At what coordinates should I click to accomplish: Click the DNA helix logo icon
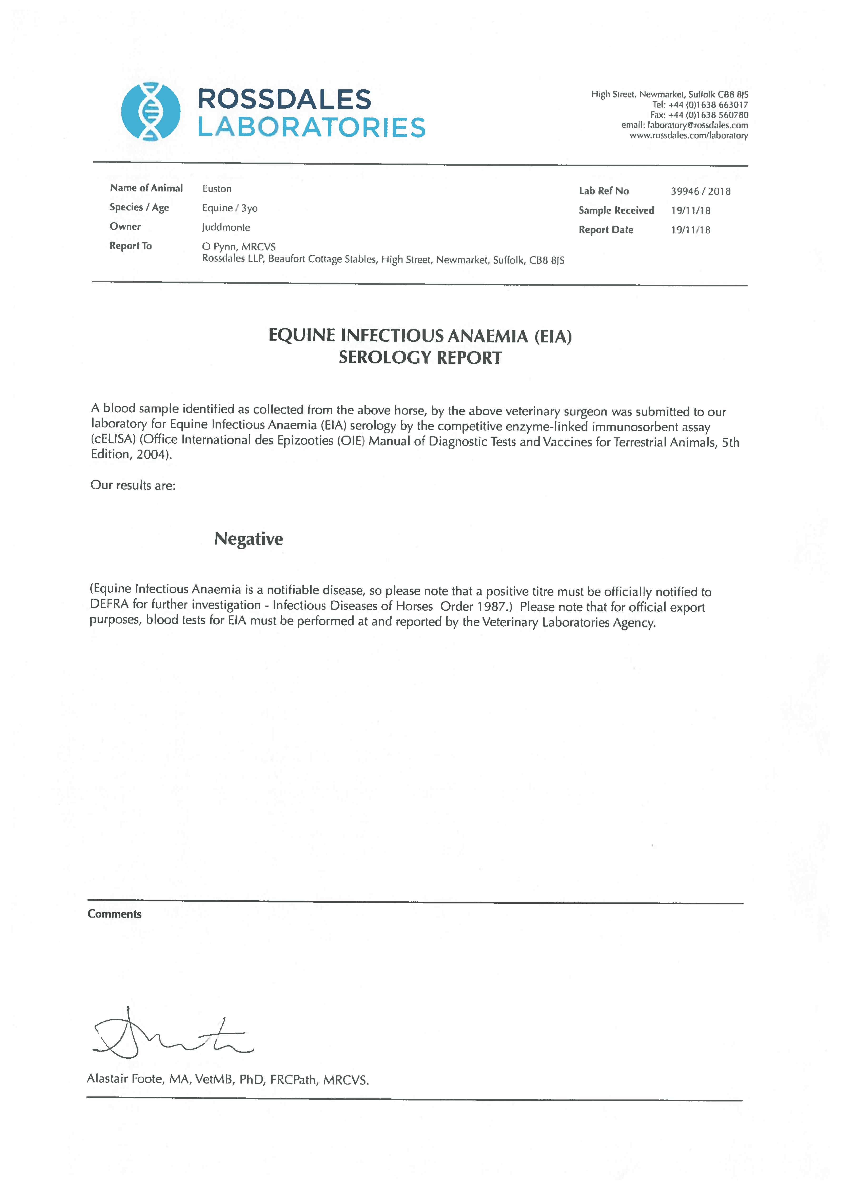(150, 111)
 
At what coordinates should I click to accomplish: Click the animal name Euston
(217, 189)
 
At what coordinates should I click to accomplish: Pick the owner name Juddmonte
(226, 227)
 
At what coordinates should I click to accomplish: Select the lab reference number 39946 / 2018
(700, 191)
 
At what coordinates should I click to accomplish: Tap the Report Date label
(606, 230)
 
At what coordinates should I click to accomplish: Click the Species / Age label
(139, 207)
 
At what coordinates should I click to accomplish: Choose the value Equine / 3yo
(230, 208)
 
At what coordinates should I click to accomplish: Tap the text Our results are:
(133, 485)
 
